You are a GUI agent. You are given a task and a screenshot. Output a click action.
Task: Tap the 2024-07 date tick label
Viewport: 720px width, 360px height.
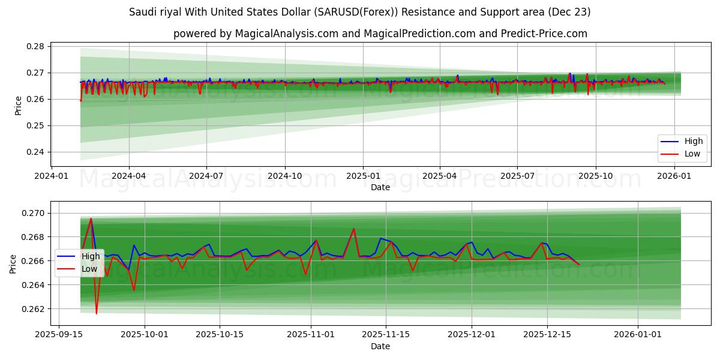(x=206, y=176)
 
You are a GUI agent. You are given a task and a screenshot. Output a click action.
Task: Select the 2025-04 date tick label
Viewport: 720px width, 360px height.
(x=440, y=176)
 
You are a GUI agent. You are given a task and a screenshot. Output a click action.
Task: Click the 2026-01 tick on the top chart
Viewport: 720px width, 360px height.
(x=674, y=176)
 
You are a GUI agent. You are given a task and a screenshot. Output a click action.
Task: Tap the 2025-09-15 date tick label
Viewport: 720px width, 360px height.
(x=58, y=334)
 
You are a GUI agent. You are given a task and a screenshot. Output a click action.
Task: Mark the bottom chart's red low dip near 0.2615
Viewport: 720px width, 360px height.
(x=97, y=313)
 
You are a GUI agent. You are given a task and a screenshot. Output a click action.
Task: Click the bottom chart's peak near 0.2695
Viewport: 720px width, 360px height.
(x=91, y=219)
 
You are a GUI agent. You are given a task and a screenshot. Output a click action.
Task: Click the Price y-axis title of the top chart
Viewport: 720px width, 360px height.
(x=19, y=106)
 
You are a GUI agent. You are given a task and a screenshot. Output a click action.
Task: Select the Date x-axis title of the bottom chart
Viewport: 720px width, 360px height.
(x=380, y=346)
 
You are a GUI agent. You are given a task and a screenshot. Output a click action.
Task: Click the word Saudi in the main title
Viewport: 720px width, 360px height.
(x=142, y=12)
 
